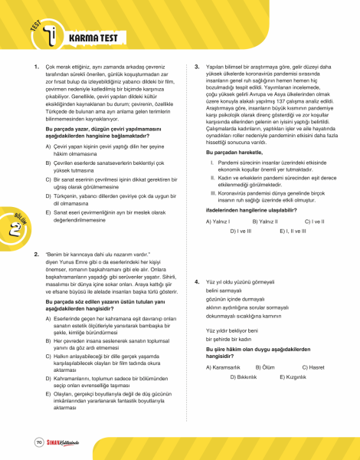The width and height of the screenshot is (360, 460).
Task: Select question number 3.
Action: point(197,67)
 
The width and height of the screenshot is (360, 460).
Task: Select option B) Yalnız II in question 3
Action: point(266,220)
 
